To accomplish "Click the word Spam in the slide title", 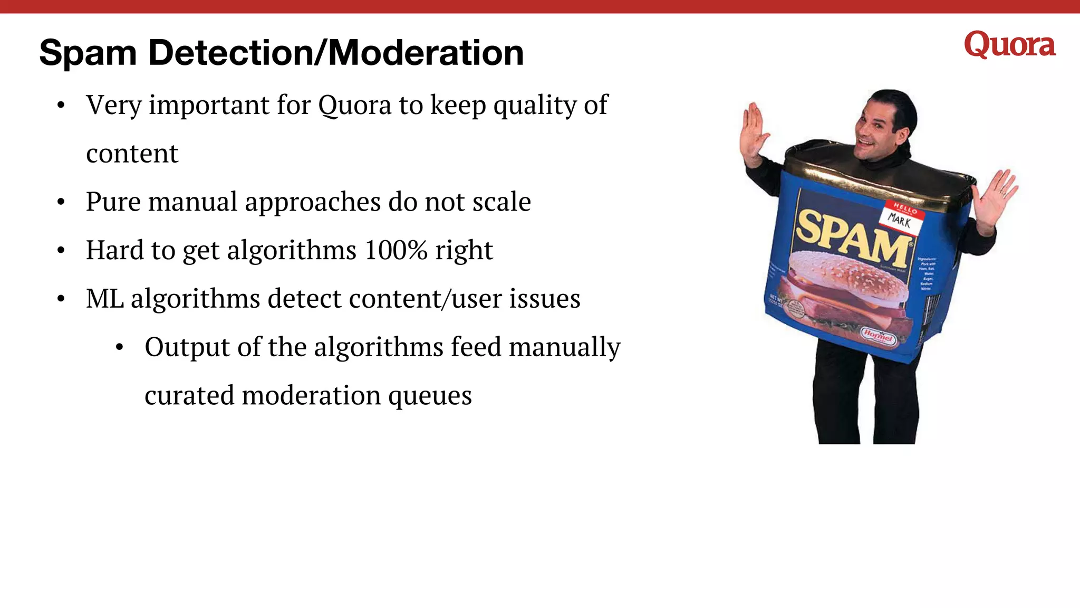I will [x=88, y=53].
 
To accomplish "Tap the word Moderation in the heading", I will [x=426, y=53].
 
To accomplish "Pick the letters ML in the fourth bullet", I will [x=104, y=299].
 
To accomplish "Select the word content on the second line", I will [x=132, y=154].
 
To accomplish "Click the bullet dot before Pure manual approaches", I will [x=61, y=202].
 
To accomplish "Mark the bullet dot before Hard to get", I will [x=61, y=251].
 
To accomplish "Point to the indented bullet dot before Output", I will [x=120, y=348].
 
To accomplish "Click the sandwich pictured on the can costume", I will [x=844, y=290].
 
